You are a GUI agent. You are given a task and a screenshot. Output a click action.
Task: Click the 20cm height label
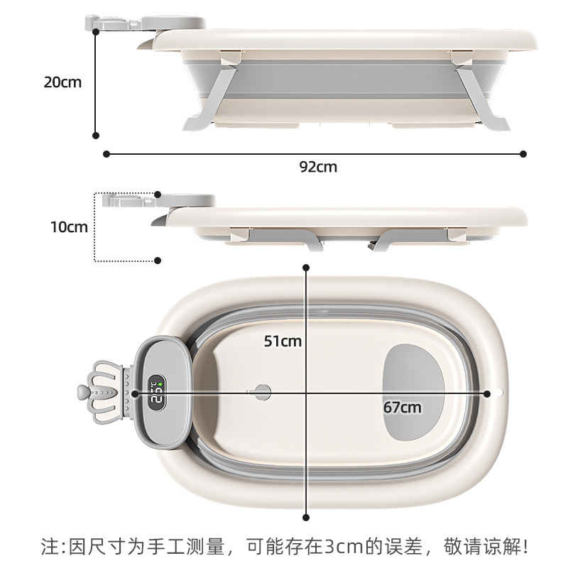(62, 82)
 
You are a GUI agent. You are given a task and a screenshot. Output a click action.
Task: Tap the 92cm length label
(318, 167)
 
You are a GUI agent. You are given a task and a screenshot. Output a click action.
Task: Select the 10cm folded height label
(69, 227)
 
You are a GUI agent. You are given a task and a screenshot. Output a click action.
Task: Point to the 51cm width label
(283, 342)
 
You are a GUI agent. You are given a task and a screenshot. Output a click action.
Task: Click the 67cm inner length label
(403, 408)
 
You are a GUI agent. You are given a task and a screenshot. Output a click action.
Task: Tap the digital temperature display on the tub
(157, 393)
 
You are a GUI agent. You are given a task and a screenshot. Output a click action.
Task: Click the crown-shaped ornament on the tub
(100, 392)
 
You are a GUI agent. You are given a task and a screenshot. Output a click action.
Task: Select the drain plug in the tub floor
(262, 392)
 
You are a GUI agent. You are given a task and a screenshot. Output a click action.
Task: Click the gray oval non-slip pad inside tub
(413, 392)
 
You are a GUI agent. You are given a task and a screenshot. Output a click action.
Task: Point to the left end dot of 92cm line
(106, 154)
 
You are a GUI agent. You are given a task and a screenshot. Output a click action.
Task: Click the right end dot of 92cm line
(523, 154)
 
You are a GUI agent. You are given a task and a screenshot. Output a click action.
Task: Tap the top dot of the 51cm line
(306, 268)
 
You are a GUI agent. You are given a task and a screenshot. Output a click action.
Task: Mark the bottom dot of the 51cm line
(306, 518)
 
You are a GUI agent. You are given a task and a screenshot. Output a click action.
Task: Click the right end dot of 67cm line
(487, 394)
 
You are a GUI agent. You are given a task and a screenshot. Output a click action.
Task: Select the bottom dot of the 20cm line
(96, 136)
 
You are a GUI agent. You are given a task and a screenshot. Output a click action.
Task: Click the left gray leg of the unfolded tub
(210, 98)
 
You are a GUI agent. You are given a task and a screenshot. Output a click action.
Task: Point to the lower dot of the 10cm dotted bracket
(158, 261)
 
